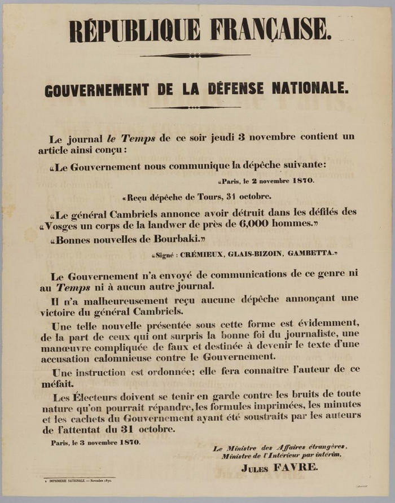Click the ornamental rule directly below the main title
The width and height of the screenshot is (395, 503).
pyautogui.click(x=197, y=55)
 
